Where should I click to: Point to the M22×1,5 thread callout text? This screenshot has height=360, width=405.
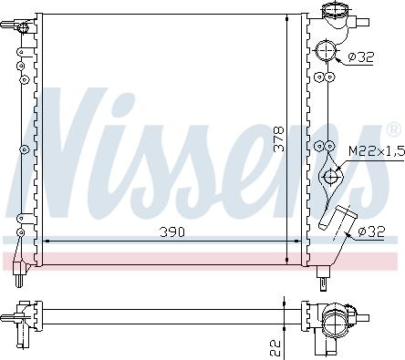(x=375, y=151)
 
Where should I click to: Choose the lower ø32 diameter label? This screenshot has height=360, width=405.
(x=369, y=231)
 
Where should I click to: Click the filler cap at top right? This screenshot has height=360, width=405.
(x=335, y=14)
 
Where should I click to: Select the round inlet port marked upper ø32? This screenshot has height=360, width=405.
(x=326, y=52)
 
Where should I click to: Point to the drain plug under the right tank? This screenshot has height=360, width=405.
(x=323, y=271)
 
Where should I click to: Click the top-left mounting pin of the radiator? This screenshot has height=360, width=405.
(x=21, y=27)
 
